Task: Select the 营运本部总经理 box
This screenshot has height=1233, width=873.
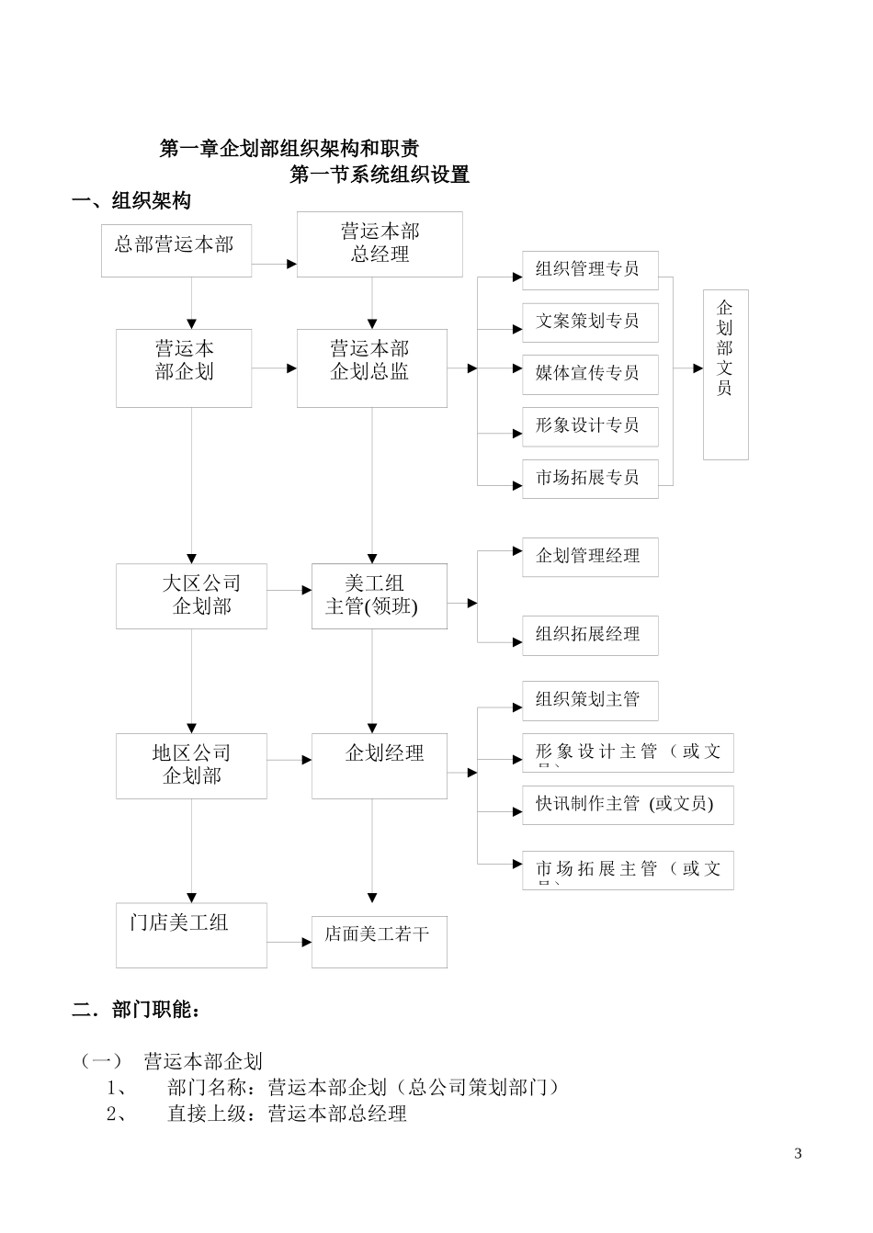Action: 380,244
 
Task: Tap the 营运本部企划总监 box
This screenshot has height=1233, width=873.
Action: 371,368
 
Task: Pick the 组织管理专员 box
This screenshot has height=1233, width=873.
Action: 590,270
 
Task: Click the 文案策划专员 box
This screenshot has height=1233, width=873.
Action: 590,322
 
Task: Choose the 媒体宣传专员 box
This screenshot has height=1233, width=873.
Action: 590,374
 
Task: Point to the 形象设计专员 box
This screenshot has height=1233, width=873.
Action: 590,426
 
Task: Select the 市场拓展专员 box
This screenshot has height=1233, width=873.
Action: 590,479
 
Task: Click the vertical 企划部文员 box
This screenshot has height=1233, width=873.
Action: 725,374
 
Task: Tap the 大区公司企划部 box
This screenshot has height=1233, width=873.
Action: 191,596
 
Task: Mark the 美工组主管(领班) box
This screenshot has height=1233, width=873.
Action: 379,596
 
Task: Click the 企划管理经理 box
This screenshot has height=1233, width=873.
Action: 590,557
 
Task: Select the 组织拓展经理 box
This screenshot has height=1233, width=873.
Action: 590,635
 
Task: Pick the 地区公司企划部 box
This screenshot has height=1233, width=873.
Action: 191,765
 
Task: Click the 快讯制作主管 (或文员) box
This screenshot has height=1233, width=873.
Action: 628,805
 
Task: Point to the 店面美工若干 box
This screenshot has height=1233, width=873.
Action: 379,941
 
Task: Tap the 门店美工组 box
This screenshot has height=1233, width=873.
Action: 191,934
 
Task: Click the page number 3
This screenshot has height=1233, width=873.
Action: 798,1154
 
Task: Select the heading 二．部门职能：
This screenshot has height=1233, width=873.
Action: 136,1010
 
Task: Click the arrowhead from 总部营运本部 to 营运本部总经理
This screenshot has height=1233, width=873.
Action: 291,265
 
